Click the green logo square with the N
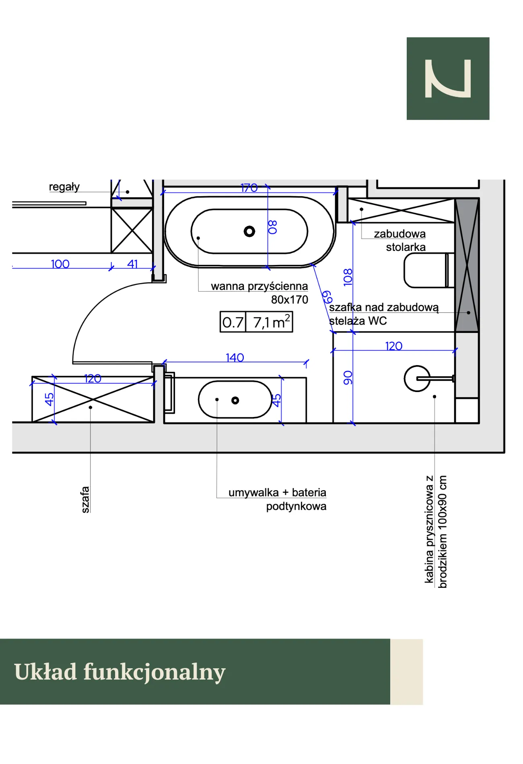coord(448,78)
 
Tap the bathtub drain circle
coord(249,231)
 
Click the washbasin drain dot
coord(235,400)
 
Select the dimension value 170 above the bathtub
coord(249,188)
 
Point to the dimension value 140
coord(235,357)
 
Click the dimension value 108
coord(348,277)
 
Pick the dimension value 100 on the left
coord(60,264)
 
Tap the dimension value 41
coord(132,264)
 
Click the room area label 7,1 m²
coord(272,322)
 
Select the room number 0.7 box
coord(233,322)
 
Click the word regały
coord(64,187)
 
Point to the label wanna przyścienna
coord(259,286)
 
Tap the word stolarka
coord(406,247)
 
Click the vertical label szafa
coord(85,499)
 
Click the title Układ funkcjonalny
coord(119,672)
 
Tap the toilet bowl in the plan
coord(426,271)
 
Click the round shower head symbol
coord(417,378)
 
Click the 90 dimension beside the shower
coord(348,378)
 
